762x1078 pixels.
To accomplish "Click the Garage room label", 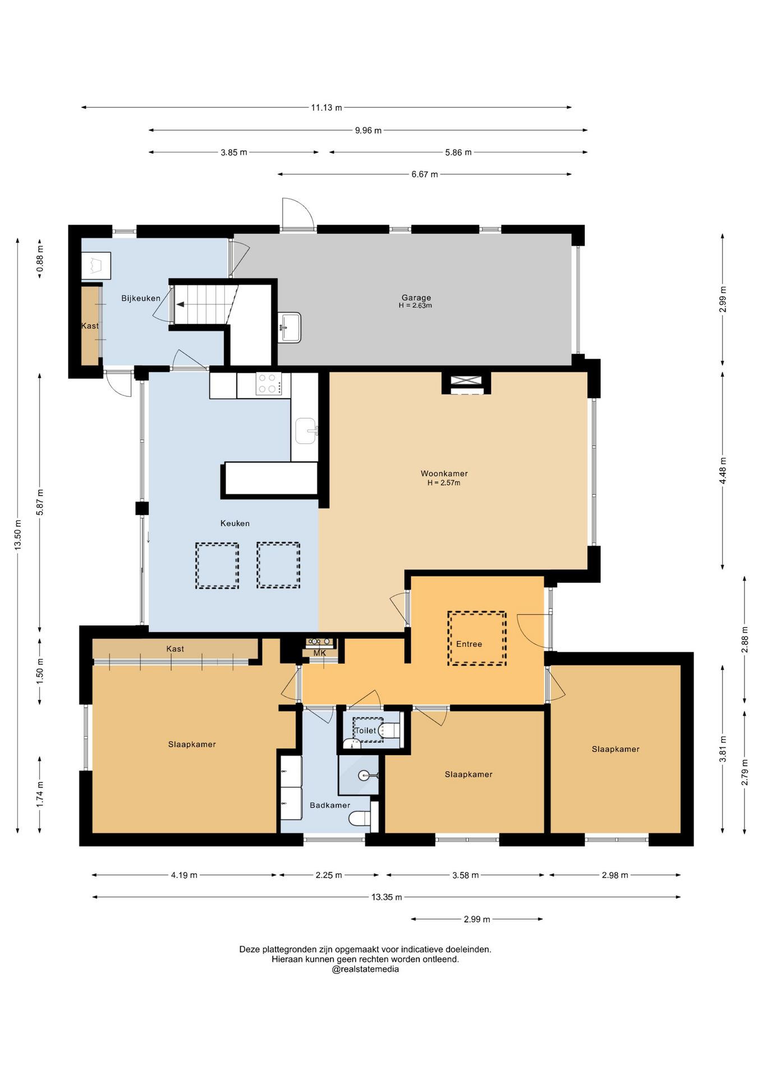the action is tap(416, 298).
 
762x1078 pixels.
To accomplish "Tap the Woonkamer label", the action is tap(444, 473).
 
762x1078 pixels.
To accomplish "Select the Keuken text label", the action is tap(235, 523).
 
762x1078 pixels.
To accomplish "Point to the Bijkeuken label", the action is tap(141, 298).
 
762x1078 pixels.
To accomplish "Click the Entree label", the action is tap(469, 644).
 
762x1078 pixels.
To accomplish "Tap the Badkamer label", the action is tap(330, 805).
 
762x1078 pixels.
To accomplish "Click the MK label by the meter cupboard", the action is tap(319, 653).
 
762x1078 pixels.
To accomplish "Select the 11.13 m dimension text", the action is tap(327, 107).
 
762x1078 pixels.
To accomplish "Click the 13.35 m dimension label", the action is tap(387, 897).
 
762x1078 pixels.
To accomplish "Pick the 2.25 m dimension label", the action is tap(328, 875).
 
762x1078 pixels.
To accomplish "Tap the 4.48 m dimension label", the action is tap(723, 471).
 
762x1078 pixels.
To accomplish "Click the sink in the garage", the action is tap(290, 327).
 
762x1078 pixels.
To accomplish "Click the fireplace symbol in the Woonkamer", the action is tap(466, 380).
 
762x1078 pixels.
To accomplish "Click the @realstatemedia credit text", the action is tap(365, 969).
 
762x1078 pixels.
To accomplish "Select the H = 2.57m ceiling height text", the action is tap(444, 483).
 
